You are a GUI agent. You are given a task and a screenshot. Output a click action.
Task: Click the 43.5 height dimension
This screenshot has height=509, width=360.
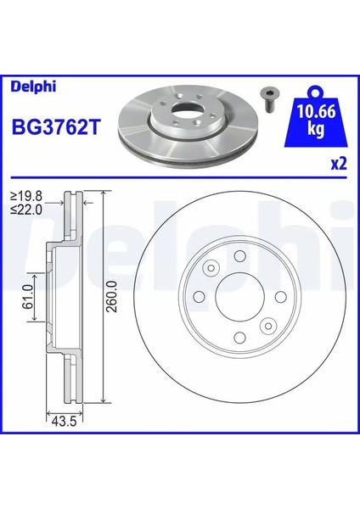click(x=59, y=421)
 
